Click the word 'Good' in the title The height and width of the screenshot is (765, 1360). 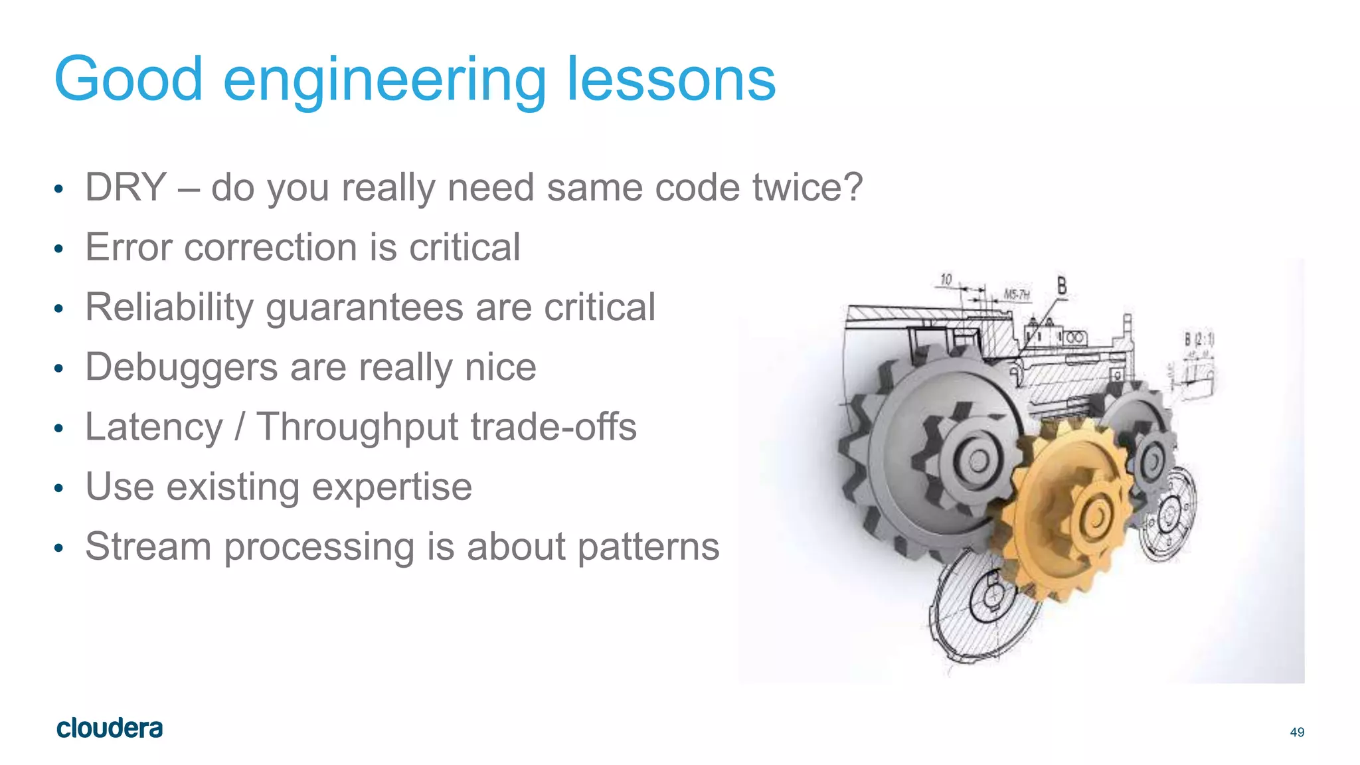pos(128,80)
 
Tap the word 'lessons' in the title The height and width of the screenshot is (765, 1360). pos(671,80)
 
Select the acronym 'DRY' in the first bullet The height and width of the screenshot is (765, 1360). pos(126,187)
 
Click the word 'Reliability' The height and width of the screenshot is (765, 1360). pos(169,307)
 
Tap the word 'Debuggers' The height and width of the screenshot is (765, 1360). pos(181,367)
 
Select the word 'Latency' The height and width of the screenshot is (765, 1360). pos(154,427)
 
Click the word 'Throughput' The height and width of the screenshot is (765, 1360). pos(357,427)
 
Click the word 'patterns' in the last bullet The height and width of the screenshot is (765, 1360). pos(648,547)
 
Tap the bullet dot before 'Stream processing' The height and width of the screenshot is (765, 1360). pos(58,549)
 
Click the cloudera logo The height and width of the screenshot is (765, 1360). pos(110,728)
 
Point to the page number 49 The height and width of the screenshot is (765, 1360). pos(1297,732)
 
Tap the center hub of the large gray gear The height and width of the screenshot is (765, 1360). pos(978,460)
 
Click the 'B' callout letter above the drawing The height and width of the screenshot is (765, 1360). pos(1062,286)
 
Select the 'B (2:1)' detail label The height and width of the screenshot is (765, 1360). pos(1199,339)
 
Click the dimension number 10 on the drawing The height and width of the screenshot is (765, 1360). pos(946,279)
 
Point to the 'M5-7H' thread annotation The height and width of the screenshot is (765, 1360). pos(1016,294)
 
